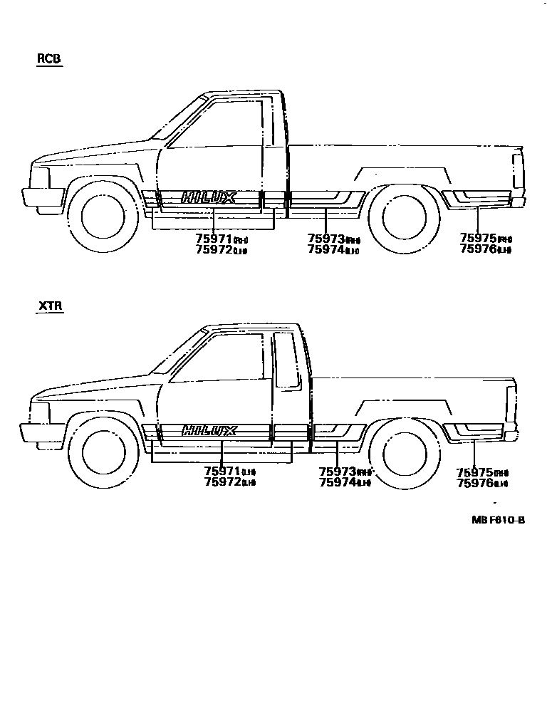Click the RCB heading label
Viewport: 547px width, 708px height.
(49, 60)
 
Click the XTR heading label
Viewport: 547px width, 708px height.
(50, 307)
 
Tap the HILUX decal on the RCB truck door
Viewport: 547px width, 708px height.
(208, 197)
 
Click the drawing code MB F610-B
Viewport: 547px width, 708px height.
(497, 520)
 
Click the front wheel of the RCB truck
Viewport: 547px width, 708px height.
(104, 215)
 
